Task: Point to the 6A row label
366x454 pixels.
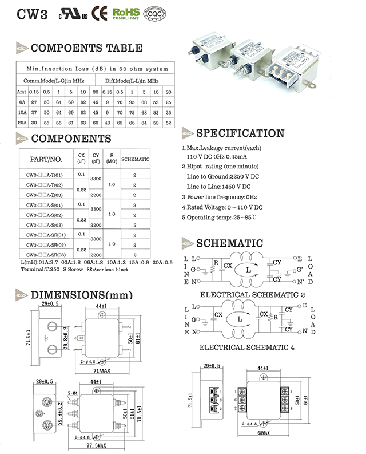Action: click(22, 102)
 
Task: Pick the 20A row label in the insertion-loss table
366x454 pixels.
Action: click(22, 122)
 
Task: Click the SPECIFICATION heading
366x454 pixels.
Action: click(240, 133)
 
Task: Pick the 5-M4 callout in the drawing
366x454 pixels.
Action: click(73, 393)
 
